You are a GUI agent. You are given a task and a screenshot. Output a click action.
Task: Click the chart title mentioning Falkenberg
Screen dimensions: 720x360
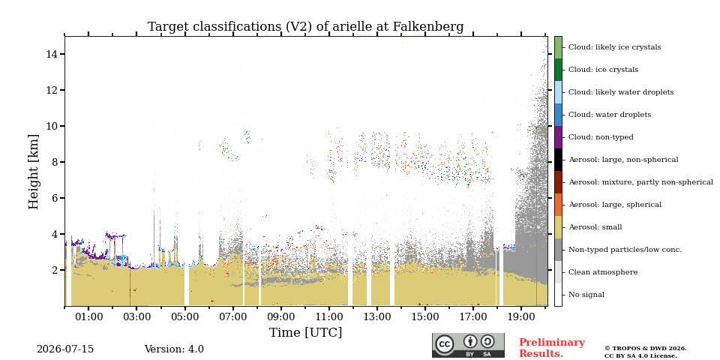tap(305, 27)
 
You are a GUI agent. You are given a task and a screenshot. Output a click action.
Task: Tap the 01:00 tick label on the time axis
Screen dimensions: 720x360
tap(88, 316)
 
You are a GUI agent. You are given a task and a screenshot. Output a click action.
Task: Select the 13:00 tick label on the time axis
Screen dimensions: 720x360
tap(377, 316)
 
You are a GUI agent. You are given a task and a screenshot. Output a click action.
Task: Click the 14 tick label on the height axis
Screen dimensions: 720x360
tap(52, 54)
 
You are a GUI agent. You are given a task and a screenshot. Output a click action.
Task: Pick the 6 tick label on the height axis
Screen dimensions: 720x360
tap(55, 198)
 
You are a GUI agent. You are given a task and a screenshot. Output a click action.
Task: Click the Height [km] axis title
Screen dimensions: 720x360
tap(34, 172)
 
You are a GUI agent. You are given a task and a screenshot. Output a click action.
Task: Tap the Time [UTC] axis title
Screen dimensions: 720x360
tap(305, 332)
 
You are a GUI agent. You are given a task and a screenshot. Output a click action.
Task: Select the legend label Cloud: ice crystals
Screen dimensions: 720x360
tap(603, 70)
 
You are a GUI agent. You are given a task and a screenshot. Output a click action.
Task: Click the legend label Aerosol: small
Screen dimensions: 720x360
tap(595, 227)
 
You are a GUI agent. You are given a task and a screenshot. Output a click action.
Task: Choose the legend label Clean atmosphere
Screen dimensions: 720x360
tap(603, 272)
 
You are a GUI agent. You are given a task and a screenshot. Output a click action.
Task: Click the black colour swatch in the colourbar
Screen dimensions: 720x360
tap(558, 160)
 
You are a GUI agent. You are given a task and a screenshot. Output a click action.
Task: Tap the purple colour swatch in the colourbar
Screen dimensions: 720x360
tap(558, 137)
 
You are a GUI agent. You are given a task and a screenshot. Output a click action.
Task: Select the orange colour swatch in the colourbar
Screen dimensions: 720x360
tap(558, 205)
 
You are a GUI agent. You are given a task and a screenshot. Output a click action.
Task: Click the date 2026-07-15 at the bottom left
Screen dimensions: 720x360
tap(65, 349)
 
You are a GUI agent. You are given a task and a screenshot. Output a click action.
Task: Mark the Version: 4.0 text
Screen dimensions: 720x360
tap(174, 349)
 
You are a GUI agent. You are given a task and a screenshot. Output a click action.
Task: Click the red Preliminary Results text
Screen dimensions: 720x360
tap(552, 347)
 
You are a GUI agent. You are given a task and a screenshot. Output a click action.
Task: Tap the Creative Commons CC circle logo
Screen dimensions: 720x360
tap(444, 344)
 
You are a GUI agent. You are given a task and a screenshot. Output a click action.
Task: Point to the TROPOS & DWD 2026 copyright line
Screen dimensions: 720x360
tap(646, 349)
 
